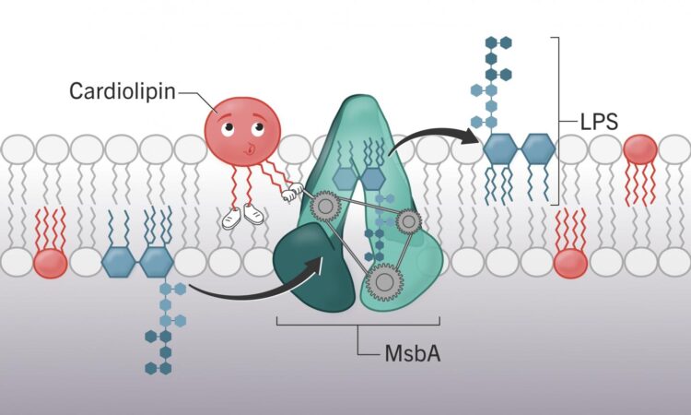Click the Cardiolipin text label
(122, 91)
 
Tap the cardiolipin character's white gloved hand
(293, 194)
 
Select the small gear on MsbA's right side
(407, 221)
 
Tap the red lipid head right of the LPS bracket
(640, 148)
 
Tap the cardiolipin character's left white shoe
(232, 218)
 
